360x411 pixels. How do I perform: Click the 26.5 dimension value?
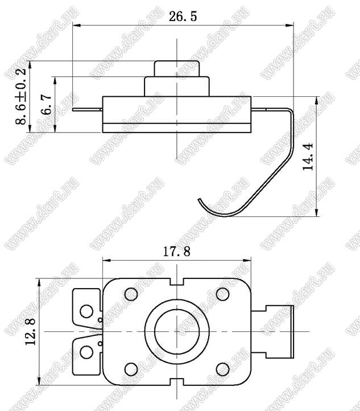tap(183, 17)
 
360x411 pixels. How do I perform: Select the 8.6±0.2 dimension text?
tap(21, 96)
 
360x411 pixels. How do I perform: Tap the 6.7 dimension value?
tap(47, 104)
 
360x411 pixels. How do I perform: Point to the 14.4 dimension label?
tap(308, 157)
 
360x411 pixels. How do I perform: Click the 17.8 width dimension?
tap(177, 252)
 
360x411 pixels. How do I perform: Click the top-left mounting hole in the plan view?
tap(131, 294)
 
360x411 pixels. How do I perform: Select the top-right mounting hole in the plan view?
tap(223, 294)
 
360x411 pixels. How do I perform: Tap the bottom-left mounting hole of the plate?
tap(131, 369)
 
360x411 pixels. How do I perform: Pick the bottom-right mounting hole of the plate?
tap(223, 369)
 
